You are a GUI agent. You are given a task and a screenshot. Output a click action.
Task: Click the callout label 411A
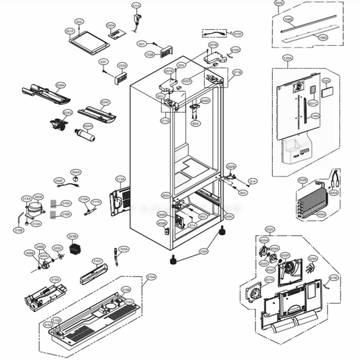[136, 6]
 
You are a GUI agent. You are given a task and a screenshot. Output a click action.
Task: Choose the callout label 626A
[60, 86]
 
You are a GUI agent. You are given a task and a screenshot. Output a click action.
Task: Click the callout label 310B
[19, 230]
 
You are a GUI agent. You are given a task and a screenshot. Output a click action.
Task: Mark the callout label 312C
[97, 261]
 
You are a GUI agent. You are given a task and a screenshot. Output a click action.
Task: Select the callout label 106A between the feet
[203, 251]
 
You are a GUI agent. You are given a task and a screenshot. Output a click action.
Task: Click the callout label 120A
[287, 59]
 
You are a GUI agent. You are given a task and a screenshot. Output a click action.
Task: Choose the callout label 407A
[269, 278]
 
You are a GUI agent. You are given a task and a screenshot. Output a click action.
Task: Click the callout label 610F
[334, 278]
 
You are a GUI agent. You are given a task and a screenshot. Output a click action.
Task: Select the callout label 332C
[269, 229]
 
